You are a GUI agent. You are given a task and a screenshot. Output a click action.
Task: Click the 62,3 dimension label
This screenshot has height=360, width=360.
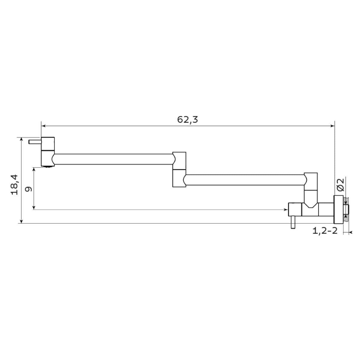tap(187, 120)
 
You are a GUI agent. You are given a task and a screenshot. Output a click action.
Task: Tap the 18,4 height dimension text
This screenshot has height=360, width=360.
tap(14, 184)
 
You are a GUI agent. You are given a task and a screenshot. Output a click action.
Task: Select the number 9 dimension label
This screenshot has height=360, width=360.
tap(28, 189)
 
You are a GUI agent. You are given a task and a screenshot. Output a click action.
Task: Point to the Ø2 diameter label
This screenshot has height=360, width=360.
tap(340, 184)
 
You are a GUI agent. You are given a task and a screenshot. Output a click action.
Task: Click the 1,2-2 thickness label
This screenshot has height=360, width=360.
tap(325, 231)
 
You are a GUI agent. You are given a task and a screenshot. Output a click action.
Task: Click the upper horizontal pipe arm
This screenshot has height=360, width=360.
tap(113, 159)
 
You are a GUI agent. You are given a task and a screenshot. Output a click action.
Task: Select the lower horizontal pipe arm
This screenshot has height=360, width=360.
tap(245, 180)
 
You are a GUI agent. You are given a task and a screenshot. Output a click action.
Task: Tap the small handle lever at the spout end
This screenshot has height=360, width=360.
tap(35, 142)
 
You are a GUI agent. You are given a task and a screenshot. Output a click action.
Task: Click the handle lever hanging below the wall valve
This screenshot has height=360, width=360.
tap(293, 222)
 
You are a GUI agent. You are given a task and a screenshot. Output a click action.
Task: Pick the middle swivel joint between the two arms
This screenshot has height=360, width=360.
tap(179, 169)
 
